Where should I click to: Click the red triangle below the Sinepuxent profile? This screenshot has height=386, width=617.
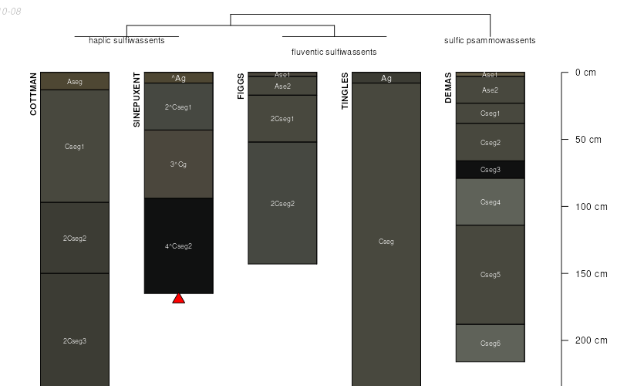click(x=178, y=298)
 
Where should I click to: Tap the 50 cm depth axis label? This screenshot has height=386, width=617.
click(x=588, y=140)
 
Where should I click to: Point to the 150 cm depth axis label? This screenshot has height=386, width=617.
click(x=591, y=274)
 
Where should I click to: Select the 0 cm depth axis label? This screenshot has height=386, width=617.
click(x=585, y=73)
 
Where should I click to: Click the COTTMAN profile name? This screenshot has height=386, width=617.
click(x=33, y=94)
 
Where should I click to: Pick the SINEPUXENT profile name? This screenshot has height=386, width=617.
click(x=137, y=100)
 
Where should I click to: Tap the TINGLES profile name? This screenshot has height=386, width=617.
click(x=345, y=91)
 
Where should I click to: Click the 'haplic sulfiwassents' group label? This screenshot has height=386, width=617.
click(x=121, y=40)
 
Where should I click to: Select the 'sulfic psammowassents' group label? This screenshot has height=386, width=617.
click(x=490, y=40)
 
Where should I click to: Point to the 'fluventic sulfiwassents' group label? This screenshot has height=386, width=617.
click(x=334, y=52)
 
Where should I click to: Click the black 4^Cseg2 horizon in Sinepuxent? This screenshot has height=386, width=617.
click(x=178, y=245)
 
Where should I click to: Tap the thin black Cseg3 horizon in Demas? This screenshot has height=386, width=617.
click(x=490, y=169)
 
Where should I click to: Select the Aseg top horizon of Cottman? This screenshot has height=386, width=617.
click(x=75, y=81)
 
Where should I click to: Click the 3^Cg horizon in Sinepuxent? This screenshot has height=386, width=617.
click(x=178, y=164)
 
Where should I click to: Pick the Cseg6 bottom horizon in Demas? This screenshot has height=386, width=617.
click(x=490, y=343)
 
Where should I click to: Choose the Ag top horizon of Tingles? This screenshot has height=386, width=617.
click(x=386, y=78)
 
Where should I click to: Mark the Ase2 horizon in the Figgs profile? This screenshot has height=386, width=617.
click(x=282, y=86)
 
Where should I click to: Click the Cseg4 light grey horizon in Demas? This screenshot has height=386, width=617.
click(x=490, y=201)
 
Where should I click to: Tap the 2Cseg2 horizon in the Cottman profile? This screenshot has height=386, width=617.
click(x=75, y=238)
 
